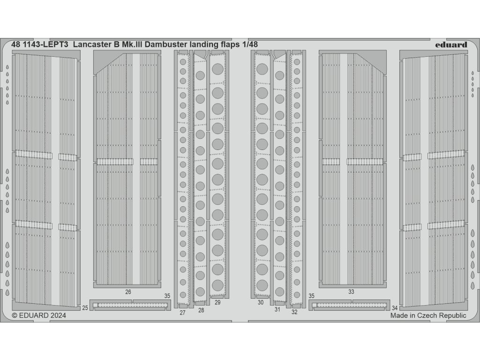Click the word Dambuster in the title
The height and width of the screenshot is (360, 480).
[x=166, y=45]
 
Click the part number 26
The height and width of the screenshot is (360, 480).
[x=128, y=292]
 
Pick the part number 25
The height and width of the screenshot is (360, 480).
[x=84, y=307]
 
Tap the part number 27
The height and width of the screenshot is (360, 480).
[x=182, y=312]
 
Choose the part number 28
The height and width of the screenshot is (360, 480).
[x=201, y=310]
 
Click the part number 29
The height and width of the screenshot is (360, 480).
[x=217, y=302]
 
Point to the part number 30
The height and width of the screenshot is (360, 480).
[x=261, y=302]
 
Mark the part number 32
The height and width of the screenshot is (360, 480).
[x=294, y=312]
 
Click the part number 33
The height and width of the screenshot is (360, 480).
[x=351, y=292]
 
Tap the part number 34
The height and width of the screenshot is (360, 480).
[x=395, y=308]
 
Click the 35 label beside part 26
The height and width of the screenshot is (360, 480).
[x=167, y=296]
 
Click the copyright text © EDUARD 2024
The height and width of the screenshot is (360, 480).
[x=39, y=316]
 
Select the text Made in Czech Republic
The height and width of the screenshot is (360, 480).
[x=428, y=316]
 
